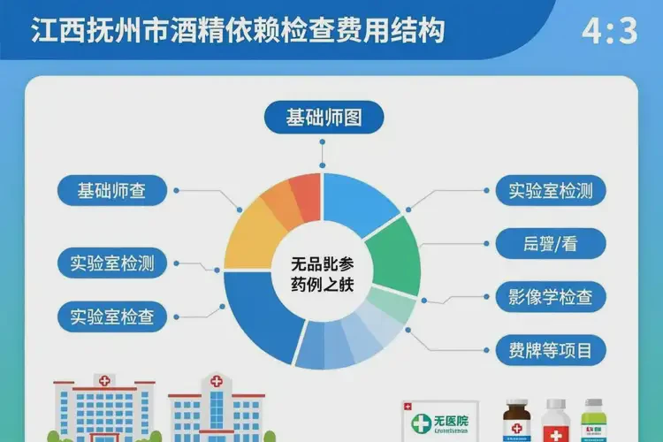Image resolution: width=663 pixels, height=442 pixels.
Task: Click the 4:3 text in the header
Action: pyautogui.click(x=609, y=31)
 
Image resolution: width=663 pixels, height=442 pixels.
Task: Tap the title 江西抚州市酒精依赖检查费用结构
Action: pyautogui.click(x=238, y=32)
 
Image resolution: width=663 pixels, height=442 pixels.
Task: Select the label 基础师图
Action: pyautogui.click(x=324, y=118)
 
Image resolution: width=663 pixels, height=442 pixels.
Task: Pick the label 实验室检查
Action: pyautogui.click(x=112, y=316)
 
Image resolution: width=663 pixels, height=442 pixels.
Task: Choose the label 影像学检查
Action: pyautogui.click(x=550, y=297)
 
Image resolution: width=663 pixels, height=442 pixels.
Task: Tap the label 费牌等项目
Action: pyautogui.click(x=550, y=347)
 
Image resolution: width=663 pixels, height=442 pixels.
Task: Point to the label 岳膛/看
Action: pyautogui.click(x=550, y=243)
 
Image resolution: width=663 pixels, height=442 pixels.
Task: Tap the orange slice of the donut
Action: pyautogui.click(x=282, y=205)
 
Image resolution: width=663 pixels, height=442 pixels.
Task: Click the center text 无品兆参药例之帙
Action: pyautogui.click(x=323, y=273)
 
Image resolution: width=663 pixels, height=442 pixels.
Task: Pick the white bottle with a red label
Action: pyautogui.click(x=555, y=422)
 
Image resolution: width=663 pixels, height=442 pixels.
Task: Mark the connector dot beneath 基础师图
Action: pyautogui.click(x=324, y=164)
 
